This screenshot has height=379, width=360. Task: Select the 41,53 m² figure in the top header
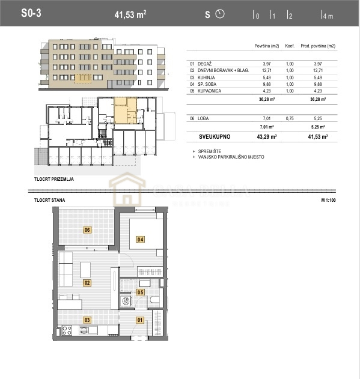coord(130,14)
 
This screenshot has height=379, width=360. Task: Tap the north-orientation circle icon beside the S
coord(219,14)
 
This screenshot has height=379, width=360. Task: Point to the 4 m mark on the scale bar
coord(327,15)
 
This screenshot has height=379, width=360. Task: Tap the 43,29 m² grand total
coord(265,137)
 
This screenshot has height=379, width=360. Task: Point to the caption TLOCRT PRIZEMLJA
coord(54,179)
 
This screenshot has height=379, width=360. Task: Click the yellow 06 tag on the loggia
coord(87,229)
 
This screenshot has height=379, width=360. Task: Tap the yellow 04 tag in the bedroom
coord(140,239)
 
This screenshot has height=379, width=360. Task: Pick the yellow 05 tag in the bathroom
coord(140,293)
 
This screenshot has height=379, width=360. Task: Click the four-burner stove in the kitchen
coord(67,329)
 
